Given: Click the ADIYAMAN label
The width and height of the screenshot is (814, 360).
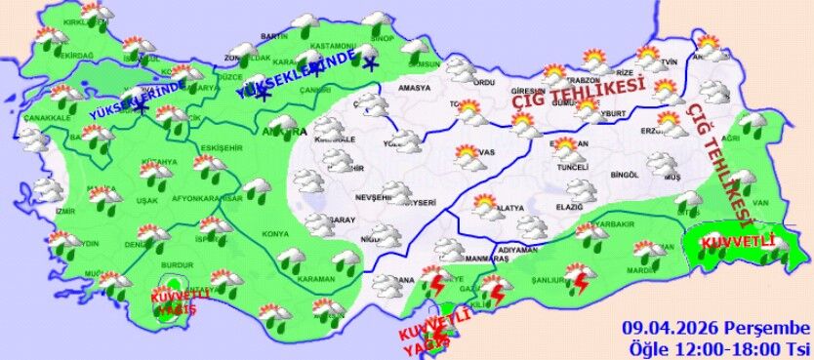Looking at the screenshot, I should [x=517, y=250].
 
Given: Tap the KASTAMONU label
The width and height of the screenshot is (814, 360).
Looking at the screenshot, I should [x=334, y=46].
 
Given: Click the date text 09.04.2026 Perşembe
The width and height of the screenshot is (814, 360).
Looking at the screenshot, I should [x=716, y=327].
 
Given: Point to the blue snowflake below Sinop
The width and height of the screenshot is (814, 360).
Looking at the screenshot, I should [x=370, y=65].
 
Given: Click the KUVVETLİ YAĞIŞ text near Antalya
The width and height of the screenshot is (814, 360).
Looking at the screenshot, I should [x=174, y=301].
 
